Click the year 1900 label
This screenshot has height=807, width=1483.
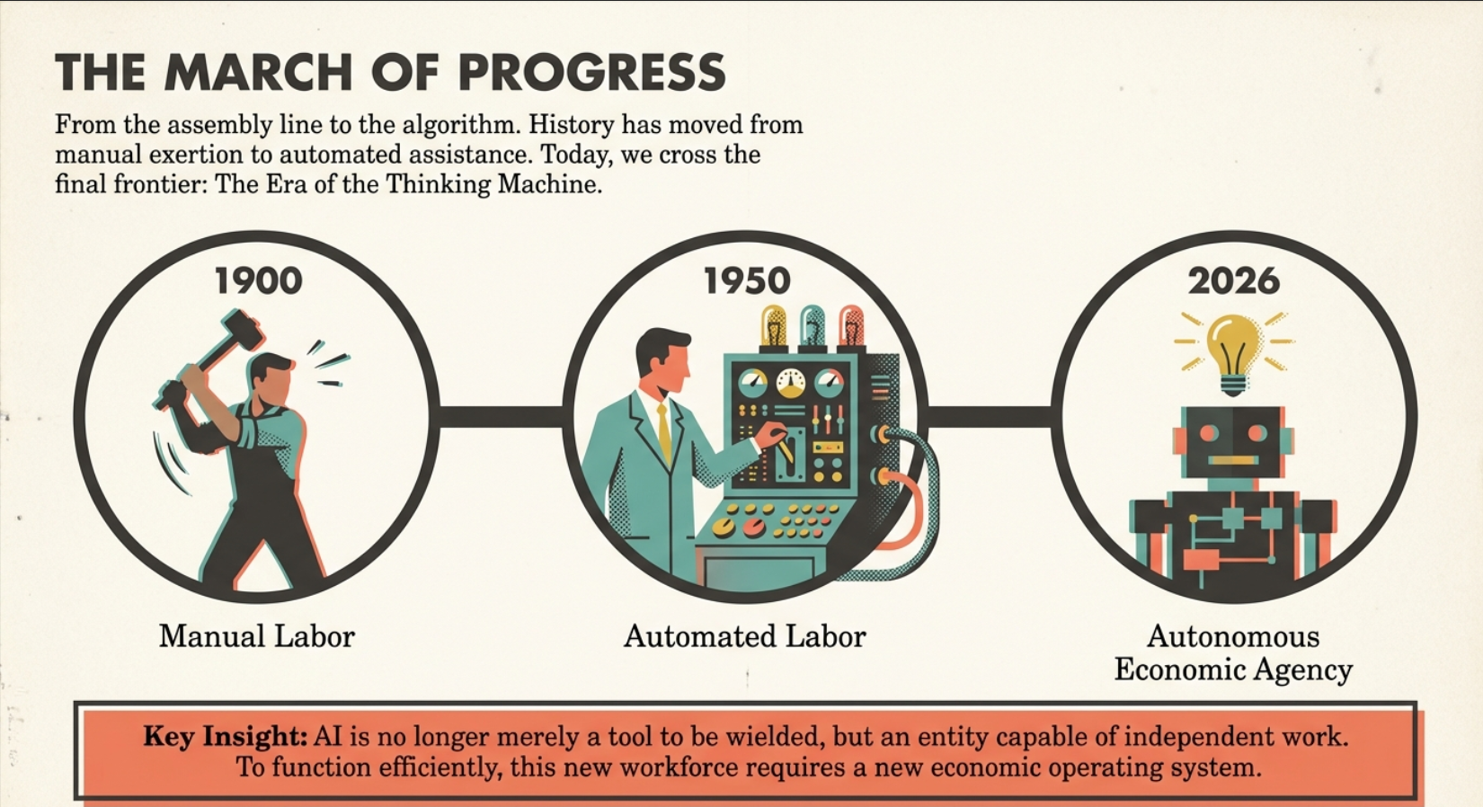pyautogui.click(x=259, y=280)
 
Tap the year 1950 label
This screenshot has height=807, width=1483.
pyautogui.click(x=747, y=280)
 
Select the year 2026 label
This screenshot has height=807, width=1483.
pyautogui.click(x=1233, y=280)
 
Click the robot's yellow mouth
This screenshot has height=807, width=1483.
pyautogui.click(x=1233, y=460)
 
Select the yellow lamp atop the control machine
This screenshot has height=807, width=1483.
pyautogui.click(x=773, y=325)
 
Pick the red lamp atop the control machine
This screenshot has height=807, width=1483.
pyautogui.click(x=851, y=325)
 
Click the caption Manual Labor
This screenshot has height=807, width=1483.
pyautogui.click(x=257, y=636)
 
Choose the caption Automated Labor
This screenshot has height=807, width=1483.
pyautogui.click(x=745, y=636)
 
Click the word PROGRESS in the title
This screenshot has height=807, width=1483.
pyautogui.click(x=592, y=72)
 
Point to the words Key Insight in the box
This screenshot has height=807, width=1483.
pyautogui.click(x=226, y=736)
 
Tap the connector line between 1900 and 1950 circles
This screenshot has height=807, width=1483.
pyautogui.click(x=502, y=416)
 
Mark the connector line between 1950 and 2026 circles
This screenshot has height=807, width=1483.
pyautogui.click(x=990, y=416)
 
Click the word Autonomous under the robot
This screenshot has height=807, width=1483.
pyautogui.click(x=1233, y=636)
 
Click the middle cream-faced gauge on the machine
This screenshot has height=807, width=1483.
pyautogui.click(x=791, y=383)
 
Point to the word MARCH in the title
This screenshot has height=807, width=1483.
pyautogui.click(x=258, y=72)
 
